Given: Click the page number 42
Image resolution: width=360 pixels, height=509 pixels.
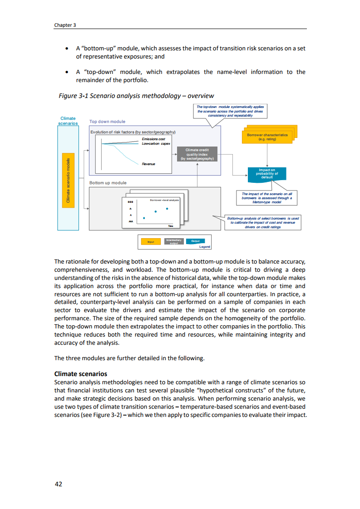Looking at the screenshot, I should click(x=58, y=484).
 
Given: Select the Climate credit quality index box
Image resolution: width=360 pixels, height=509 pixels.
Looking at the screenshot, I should click(x=197, y=154).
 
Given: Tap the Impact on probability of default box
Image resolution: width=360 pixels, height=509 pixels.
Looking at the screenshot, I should click(x=267, y=174).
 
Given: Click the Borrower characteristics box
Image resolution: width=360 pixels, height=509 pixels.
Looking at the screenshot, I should click(x=267, y=137).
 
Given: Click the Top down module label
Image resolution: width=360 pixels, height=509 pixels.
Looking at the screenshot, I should click(x=107, y=122).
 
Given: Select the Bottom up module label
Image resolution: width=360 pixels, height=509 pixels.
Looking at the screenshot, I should click(x=108, y=183).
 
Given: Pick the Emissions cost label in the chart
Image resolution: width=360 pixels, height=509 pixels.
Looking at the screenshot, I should click(x=153, y=139).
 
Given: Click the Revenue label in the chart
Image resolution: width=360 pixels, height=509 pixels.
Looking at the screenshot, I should click(x=148, y=164).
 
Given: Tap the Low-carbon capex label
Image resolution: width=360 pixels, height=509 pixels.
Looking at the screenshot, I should click(x=156, y=143).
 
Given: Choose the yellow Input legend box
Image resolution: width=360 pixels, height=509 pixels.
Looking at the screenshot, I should click(x=150, y=242).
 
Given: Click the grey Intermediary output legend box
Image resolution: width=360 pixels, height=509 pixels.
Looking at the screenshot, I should click(x=174, y=241).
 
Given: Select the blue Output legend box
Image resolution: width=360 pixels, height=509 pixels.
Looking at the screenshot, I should click(x=195, y=241).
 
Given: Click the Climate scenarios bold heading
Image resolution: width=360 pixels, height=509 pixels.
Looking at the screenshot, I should click(x=80, y=374).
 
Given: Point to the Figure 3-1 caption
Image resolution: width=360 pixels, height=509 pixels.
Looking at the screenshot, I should click(x=136, y=96).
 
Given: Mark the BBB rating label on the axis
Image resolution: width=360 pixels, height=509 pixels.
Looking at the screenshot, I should click(x=130, y=201).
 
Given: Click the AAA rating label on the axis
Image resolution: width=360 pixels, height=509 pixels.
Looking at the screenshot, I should click(x=130, y=221).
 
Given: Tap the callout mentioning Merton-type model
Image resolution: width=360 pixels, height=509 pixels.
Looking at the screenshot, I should click(x=267, y=197).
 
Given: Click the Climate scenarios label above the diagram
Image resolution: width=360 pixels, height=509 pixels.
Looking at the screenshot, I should click(x=68, y=121).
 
